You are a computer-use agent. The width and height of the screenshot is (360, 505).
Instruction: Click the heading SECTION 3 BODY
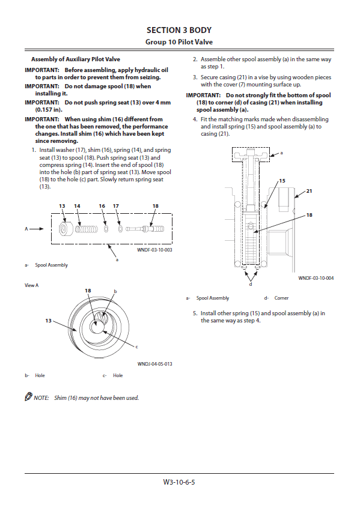pyautogui.click(x=179, y=30)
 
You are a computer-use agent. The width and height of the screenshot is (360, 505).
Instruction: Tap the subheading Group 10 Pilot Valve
pyautogui.click(x=179, y=42)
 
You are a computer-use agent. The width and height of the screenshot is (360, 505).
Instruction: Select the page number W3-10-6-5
pyautogui.click(x=179, y=482)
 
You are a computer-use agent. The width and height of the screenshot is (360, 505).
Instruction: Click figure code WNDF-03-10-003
pyautogui.click(x=154, y=250)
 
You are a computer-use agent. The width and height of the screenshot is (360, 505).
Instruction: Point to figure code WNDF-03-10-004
pyautogui.click(x=316, y=278)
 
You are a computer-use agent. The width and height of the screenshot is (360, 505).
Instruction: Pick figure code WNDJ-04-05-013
pyautogui.click(x=154, y=364)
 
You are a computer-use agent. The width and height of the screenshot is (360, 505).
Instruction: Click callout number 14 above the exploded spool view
pyautogui.click(x=77, y=206)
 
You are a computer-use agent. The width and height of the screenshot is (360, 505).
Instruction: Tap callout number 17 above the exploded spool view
pyautogui.click(x=116, y=206)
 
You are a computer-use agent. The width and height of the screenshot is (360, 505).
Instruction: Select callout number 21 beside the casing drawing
pyautogui.click(x=309, y=191)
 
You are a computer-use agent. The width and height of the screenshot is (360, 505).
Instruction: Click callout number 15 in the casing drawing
pyautogui.click(x=282, y=181)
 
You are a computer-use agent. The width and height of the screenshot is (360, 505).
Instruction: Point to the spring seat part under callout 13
pyautogui.click(x=64, y=229)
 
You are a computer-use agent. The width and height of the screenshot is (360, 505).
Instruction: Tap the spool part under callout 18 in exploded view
pyautogui.click(x=145, y=229)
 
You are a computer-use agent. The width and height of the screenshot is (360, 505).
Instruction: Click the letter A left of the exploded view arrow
pyautogui.click(x=26, y=229)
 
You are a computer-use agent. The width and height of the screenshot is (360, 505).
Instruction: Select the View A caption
pyautogui.click(x=32, y=285)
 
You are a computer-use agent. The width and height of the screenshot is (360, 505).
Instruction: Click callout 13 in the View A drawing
pyautogui.click(x=48, y=321)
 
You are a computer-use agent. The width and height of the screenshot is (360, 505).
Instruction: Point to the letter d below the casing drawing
pyautogui.click(x=251, y=285)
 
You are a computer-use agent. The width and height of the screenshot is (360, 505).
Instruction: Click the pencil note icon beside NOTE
pyautogui.click(x=28, y=396)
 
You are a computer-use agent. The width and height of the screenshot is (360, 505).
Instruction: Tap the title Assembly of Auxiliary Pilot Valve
pyautogui.click(x=75, y=59)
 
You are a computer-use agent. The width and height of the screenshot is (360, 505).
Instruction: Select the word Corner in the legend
pyautogui.click(x=281, y=298)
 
